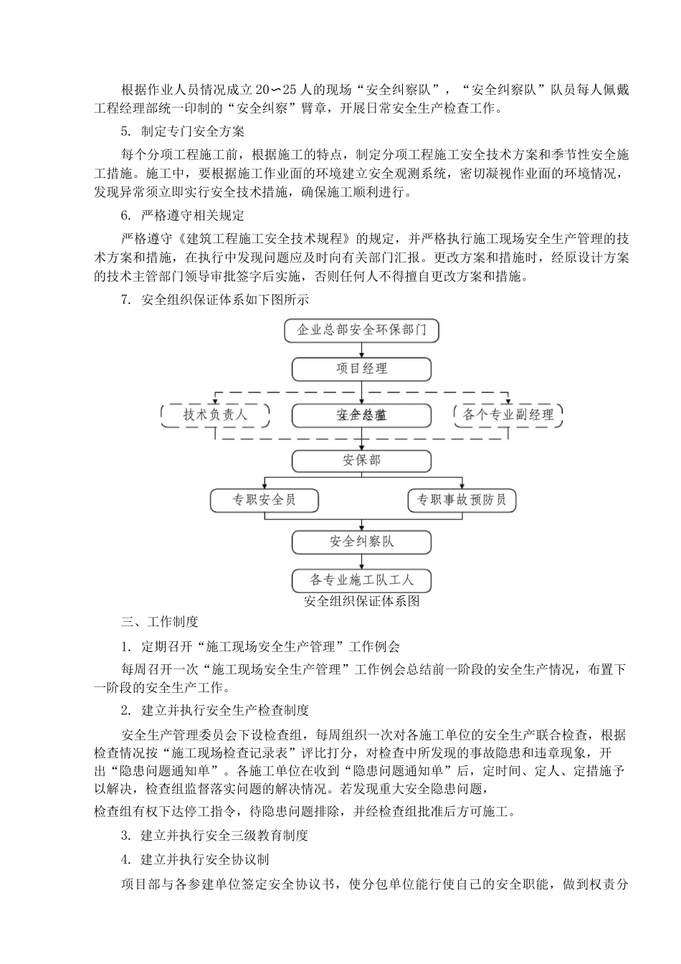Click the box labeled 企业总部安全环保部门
click(361, 330)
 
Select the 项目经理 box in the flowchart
click(361, 369)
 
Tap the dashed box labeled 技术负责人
click(215, 415)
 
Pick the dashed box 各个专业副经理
click(508, 415)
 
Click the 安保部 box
click(361, 460)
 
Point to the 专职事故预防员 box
click(462, 500)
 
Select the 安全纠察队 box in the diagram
click(361, 542)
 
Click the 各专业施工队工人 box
click(361, 580)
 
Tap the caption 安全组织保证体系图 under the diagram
click(361, 601)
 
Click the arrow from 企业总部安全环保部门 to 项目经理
click(361, 349)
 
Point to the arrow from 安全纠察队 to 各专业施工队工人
click(361, 561)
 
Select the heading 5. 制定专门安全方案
click(183, 131)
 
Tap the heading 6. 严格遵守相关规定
click(183, 216)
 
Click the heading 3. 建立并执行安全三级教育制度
click(214, 836)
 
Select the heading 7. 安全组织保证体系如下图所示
click(214, 301)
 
